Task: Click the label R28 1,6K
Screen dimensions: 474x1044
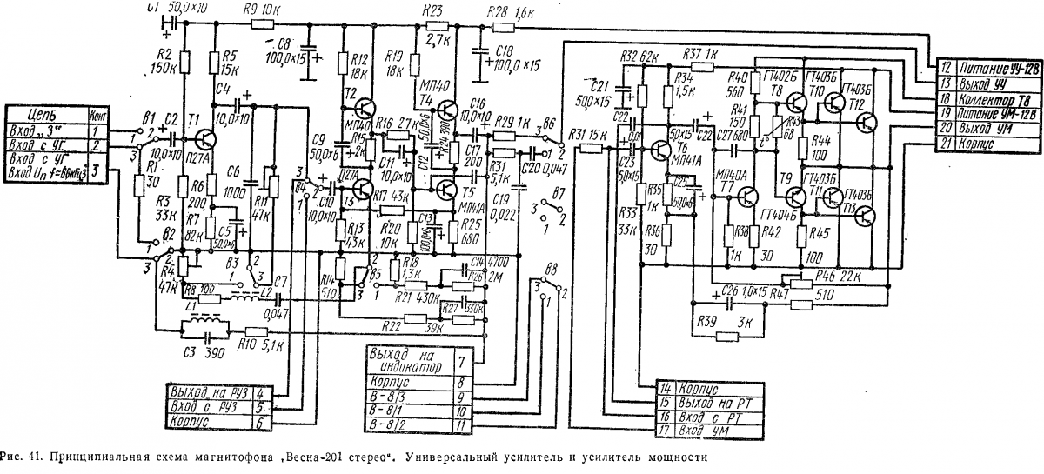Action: [x=514, y=12]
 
